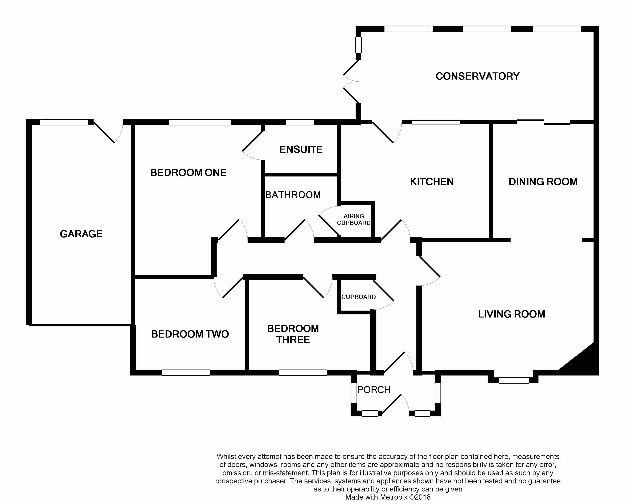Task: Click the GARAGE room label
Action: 81,234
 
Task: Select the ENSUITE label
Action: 301,150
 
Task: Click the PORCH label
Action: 374,390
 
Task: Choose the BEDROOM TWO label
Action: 190,334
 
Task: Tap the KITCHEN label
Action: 432,182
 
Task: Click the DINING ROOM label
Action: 543,182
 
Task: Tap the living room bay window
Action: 514,380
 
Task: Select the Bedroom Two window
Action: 186,373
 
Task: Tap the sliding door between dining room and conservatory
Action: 543,122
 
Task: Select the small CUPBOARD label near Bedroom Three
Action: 358,297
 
